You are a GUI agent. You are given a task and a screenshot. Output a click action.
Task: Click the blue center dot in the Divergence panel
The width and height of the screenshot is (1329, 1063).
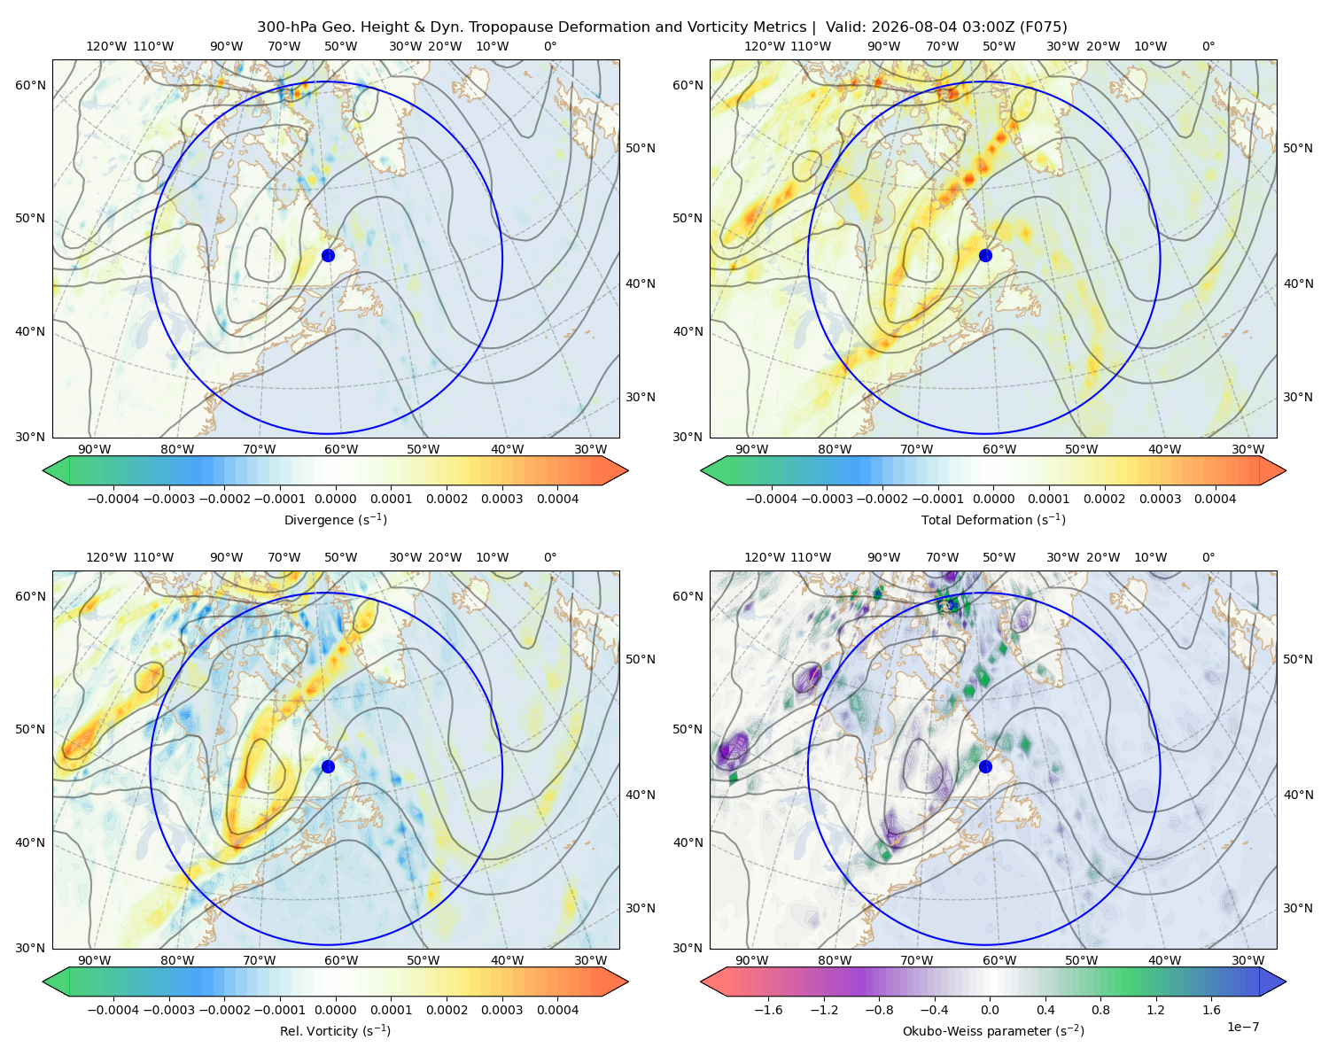[x=328, y=255]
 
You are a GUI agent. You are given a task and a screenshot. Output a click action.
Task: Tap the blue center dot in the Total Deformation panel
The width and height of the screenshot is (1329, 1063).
[x=985, y=255]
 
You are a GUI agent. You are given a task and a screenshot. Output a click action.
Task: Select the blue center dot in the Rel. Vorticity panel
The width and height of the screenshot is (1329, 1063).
[x=328, y=766]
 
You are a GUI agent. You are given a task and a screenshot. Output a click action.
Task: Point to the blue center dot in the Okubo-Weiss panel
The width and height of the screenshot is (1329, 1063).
[x=985, y=766]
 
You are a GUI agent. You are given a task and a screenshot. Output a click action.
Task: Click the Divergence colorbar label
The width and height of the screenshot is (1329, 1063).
[x=335, y=520]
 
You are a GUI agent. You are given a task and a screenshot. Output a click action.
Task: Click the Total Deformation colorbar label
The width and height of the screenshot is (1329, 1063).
[x=993, y=520]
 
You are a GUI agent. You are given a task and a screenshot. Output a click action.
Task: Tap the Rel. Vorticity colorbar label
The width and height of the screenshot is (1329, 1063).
[x=335, y=1031]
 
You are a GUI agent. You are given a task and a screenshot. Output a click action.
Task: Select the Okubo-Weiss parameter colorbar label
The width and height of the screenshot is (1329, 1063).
[x=993, y=1031]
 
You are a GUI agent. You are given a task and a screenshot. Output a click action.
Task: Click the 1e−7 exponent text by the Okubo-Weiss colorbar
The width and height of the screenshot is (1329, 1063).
[x=1242, y=1027]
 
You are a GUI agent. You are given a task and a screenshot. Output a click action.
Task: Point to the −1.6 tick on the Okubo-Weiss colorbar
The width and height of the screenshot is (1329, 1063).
[x=768, y=1010]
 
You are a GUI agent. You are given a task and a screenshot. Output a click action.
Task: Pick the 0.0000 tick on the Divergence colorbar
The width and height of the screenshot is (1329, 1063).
[x=335, y=499]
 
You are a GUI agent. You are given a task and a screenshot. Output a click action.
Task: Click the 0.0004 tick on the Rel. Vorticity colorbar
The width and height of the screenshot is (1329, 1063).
[x=557, y=1010]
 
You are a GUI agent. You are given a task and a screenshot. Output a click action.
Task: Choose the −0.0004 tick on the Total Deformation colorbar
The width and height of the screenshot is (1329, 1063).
[x=772, y=499]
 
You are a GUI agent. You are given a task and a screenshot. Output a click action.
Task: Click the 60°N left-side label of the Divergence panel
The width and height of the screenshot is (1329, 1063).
[x=30, y=85]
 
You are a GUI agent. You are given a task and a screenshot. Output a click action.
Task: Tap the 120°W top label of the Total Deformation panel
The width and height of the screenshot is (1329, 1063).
[x=764, y=46]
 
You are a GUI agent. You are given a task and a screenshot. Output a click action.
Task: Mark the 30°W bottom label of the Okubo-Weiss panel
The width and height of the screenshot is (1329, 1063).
[x=1248, y=960]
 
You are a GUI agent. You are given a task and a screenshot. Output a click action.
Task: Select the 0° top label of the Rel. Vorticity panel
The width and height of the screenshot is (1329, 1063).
[x=550, y=557]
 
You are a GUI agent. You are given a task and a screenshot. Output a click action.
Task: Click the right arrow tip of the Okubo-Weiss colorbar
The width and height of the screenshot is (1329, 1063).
[x=1286, y=982]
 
